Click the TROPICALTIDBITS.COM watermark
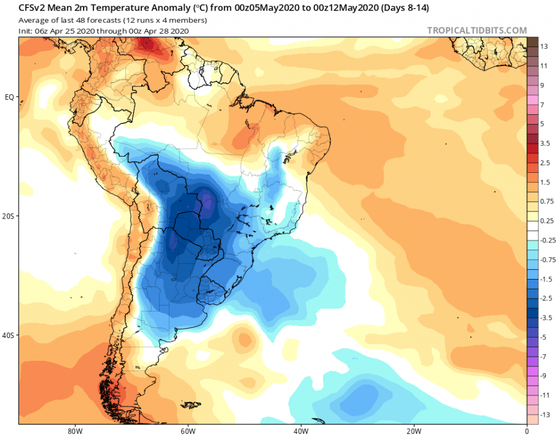click(477, 31)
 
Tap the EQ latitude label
click(9, 97)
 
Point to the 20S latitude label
click(9, 216)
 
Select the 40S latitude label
click(9, 335)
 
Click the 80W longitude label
click(73, 431)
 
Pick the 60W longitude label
click(186, 431)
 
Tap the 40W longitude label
click(300, 431)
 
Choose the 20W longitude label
click(413, 431)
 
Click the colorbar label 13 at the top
click(544, 46)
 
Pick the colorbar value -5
click(544, 337)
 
